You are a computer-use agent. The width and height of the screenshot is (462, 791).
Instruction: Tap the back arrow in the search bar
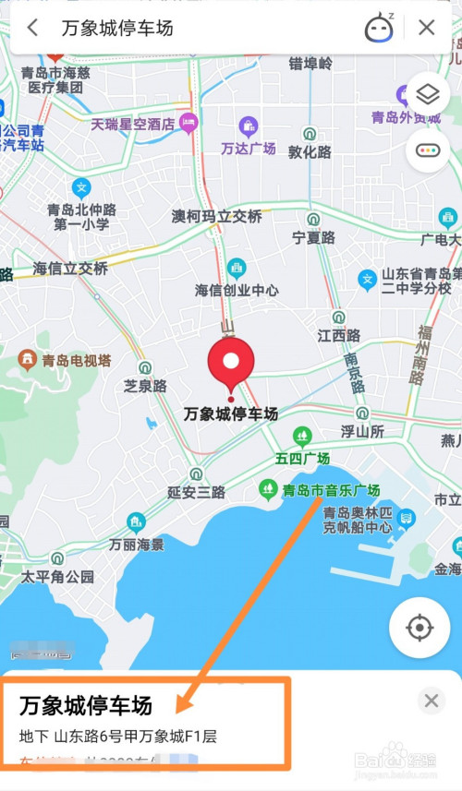point(32,28)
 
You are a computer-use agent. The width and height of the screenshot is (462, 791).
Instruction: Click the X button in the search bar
point(426,28)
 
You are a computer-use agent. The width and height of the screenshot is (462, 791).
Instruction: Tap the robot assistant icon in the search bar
point(379,28)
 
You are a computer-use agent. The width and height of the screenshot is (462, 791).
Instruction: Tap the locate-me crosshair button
point(419,629)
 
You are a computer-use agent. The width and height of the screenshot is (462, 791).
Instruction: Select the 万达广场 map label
point(248,148)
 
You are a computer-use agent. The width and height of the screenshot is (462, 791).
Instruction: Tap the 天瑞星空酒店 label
point(133,123)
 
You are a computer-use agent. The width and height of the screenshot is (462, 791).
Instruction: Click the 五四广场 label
point(302,458)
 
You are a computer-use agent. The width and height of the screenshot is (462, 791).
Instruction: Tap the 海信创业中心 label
point(237,290)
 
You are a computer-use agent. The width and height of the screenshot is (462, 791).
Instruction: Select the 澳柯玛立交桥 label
point(217,216)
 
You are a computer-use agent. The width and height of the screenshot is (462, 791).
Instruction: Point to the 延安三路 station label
point(196,492)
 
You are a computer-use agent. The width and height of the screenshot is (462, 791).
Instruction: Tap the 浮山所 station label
point(362,431)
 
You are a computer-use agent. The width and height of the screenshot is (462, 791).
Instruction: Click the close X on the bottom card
point(431,701)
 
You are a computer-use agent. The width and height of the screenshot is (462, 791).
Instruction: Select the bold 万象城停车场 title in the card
point(86,706)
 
